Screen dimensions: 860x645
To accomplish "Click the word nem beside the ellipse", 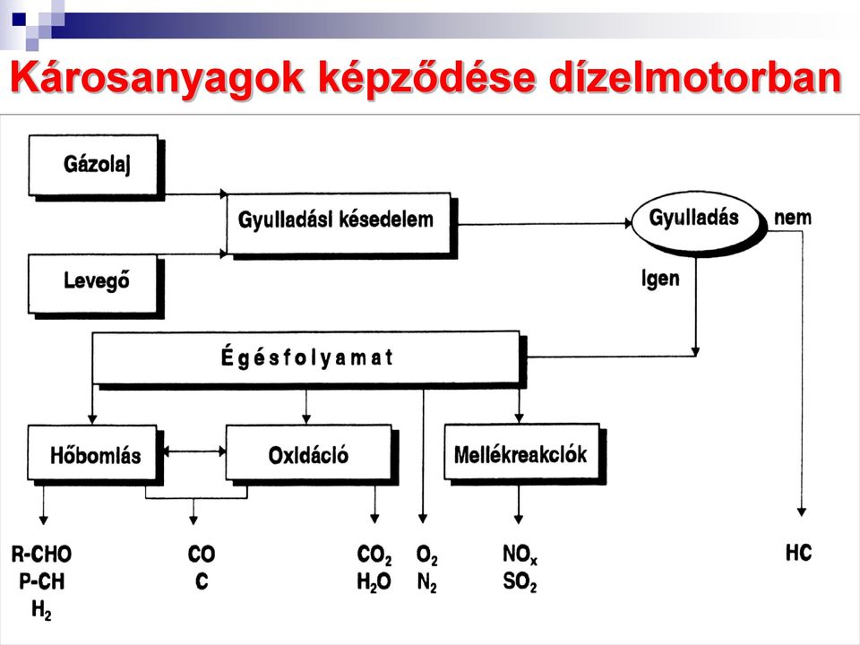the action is [793, 219].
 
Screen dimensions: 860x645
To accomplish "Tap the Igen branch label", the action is [660, 279].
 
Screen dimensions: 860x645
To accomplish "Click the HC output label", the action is [798, 553].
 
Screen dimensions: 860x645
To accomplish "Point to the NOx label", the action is [520, 555].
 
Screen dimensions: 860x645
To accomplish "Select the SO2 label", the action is [520, 582].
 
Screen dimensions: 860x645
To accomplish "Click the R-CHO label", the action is [42, 555].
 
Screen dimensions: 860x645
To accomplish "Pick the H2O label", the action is [374, 582].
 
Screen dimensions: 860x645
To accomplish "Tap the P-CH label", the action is [42, 581].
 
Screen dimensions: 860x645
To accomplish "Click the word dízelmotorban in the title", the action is [695, 77].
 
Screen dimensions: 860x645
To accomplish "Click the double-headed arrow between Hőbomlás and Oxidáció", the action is [195, 451].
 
